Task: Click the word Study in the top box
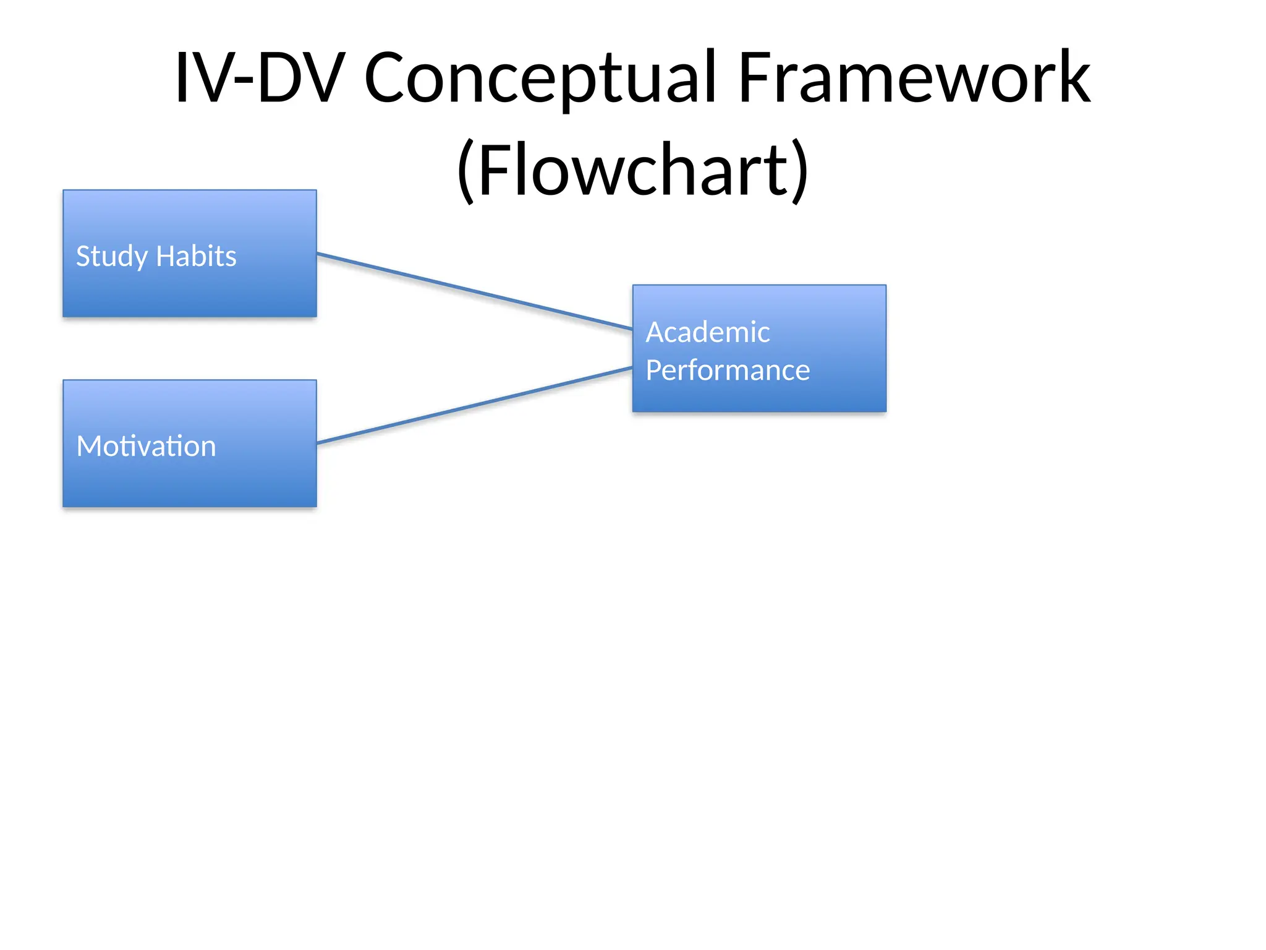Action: tap(111, 257)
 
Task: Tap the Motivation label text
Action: tap(146, 446)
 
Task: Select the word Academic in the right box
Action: tap(707, 332)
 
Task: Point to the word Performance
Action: tap(727, 370)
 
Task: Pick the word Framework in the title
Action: tap(914, 79)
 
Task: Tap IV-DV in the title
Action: tap(259, 79)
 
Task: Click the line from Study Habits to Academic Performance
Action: tap(474, 291)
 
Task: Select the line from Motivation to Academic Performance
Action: tap(474, 406)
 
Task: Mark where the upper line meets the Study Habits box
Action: tap(318, 254)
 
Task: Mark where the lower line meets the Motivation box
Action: tap(318, 443)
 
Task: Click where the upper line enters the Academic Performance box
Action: tap(632, 328)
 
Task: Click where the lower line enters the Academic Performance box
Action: tap(632, 368)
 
